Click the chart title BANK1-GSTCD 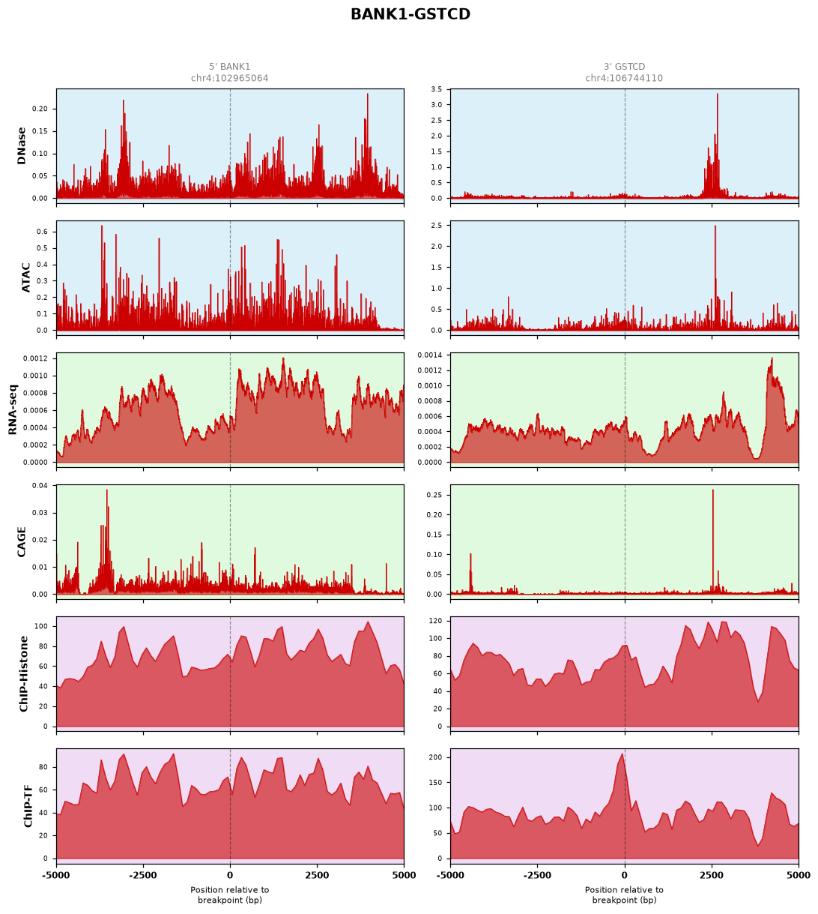point(410,14)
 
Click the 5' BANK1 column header point(229,66)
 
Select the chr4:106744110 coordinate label point(624,78)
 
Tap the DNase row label point(21,145)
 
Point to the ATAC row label point(26,277)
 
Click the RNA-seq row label point(12,409)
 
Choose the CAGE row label point(21,541)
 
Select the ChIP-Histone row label point(23,673)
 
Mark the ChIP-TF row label point(28,806)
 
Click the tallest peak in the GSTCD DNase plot point(717,94)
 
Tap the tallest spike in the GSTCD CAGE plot point(712,490)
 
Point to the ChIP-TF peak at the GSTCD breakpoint point(622,754)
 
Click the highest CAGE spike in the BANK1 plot point(107,490)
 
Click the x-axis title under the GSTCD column point(624,895)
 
